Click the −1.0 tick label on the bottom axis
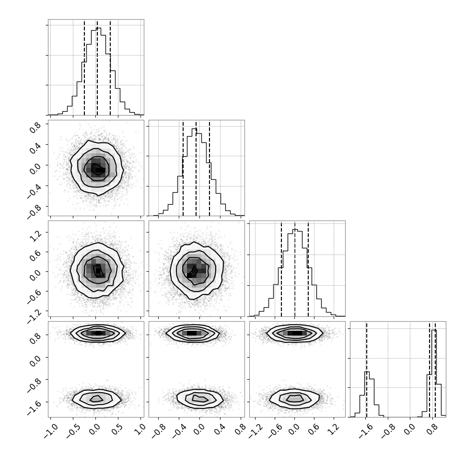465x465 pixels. tap(50, 430)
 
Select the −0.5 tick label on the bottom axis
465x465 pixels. tap(73, 430)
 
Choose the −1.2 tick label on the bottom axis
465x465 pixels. tap(255, 430)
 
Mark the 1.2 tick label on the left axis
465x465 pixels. tap(36, 234)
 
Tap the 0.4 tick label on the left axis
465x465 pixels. tap(36, 147)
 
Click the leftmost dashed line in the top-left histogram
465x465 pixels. tap(84, 67)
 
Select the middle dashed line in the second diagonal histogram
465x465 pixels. tap(196, 168)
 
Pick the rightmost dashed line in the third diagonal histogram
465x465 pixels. tap(308, 268)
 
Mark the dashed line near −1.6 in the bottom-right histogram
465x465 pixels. tap(367, 369)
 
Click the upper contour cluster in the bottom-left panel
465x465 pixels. tap(98, 333)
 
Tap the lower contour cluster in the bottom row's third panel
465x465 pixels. tap(295, 399)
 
